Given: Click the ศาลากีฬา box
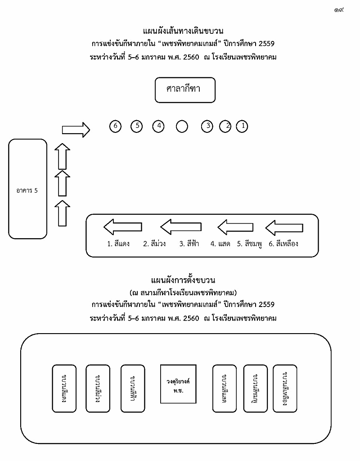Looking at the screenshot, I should coord(185,90).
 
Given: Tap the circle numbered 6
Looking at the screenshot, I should coord(116,127).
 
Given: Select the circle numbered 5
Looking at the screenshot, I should coord(137,127).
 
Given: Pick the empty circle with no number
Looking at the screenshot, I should coord(182,127).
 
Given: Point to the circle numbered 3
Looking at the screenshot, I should coord(207,127).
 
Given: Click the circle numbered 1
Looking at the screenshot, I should coord(242,127).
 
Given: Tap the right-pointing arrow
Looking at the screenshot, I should coord(76,130).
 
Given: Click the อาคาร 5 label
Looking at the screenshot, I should coord(27,190).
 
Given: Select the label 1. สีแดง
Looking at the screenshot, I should coord(118,244).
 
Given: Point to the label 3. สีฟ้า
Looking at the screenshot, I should coord(189,244).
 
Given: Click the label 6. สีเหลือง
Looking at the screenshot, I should coord(283,244).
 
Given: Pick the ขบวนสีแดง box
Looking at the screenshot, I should coord(64,388).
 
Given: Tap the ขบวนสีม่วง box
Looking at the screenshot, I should coord(98,388).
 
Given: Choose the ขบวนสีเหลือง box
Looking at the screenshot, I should coord(285,388).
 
